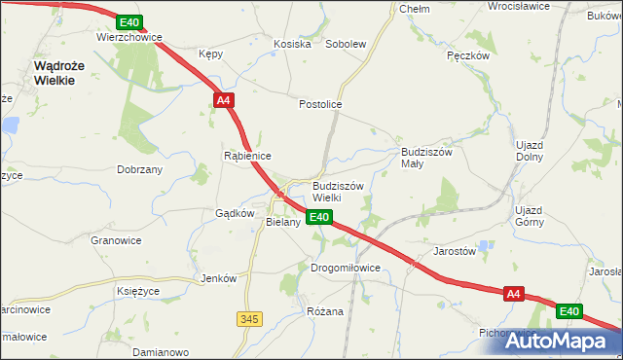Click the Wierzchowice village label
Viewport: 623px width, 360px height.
coord(128,37)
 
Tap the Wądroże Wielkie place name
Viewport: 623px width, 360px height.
coord(55,73)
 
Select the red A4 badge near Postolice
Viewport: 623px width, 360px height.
coord(223,100)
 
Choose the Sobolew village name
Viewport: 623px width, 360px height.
coord(346,45)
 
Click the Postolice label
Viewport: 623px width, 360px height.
coord(320,104)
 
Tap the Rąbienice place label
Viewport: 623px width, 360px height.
coord(247,156)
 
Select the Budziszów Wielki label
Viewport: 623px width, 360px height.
coord(337,191)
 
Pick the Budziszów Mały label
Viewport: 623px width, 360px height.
coord(425,159)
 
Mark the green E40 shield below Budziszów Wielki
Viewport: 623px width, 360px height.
coord(321,218)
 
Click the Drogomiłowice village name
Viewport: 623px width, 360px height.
coord(345,268)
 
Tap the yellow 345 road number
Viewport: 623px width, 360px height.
coord(249,318)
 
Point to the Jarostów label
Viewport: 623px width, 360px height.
coord(455,250)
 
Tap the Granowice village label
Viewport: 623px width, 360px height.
coord(116,240)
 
